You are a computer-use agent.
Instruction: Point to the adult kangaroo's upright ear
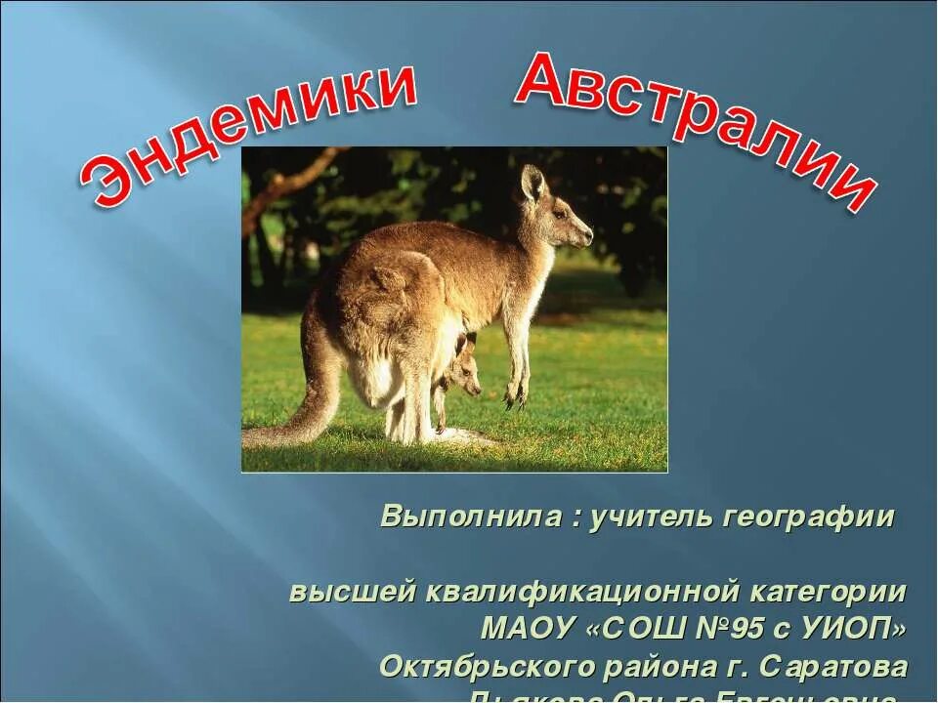(x=533, y=184)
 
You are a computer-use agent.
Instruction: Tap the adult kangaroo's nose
(x=588, y=235)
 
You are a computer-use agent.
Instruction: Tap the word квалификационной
(x=579, y=592)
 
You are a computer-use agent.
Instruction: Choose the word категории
(x=829, y=592)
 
